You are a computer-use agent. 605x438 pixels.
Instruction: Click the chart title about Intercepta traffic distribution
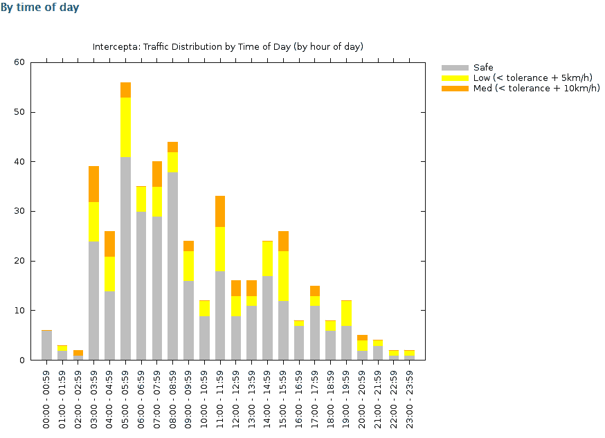tap(228, 47)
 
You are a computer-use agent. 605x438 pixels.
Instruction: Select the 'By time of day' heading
tap(39, 8)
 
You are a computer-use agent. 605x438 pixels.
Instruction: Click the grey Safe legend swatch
tap(454, 68)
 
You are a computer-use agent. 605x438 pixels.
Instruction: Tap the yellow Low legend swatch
tap(454, 78)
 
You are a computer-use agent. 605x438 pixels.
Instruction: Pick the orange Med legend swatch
tap(454, 89)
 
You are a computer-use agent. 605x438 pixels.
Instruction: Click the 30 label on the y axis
tap(19, 212)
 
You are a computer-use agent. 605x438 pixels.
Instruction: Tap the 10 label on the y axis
tap(19, 311)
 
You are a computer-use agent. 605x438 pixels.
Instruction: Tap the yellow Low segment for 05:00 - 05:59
tap(125, 127)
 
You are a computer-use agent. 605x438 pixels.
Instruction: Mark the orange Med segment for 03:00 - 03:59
tap(94, 184)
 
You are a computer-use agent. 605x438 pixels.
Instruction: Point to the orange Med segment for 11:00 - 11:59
tap(220, 211)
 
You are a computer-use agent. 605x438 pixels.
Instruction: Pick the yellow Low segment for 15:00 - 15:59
tap(283, 276)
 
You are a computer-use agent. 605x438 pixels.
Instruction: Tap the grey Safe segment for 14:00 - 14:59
tap(267, 318)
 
